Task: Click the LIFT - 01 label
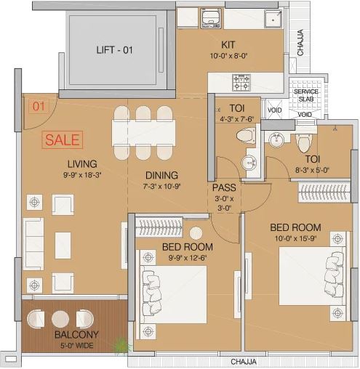click(114, 50)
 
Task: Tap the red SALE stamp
click(63, 139)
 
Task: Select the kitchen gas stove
click(241, 83)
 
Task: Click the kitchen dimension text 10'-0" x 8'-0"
click(228, 56)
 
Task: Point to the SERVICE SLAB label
click(305, 95)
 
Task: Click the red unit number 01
click(39, 106)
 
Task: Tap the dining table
click(143, 133)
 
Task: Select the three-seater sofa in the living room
click(33, 244)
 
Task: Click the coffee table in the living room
click(63, 246)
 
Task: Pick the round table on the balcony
click(60, 319)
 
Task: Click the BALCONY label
click(76, 334)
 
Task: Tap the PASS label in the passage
click(224, 187)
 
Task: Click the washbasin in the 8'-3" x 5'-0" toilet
click(276, 139)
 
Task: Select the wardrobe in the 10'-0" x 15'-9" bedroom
click(324, 192)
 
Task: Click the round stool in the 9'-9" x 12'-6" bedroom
click(196, 233)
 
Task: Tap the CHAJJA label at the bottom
click(244, 362)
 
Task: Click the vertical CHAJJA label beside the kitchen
click(300, 42)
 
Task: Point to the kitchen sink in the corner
click(273, 19)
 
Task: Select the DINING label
click(161, 175)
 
